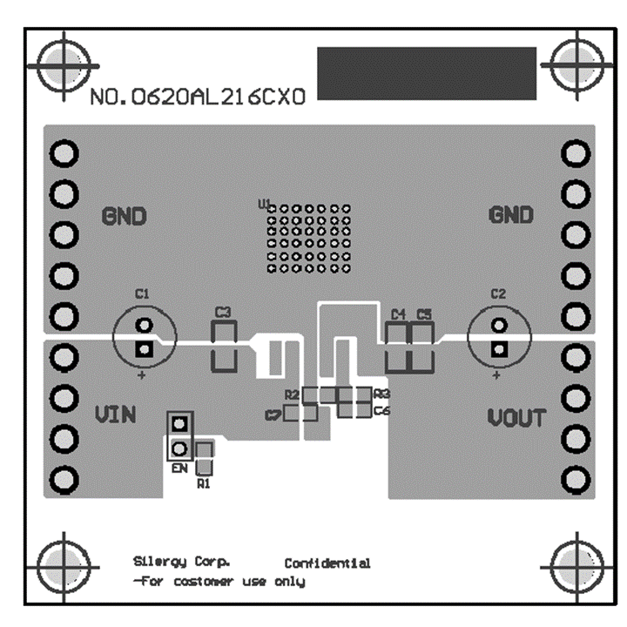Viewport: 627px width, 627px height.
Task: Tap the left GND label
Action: click(x=125, y=215)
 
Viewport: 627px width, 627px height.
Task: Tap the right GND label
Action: click(x=510, y=215)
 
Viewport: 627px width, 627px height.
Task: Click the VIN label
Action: click(x=115, y=415)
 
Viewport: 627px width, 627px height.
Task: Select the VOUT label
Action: click(x=516, y=418)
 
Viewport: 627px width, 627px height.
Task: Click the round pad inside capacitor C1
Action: click(x=144, y=326)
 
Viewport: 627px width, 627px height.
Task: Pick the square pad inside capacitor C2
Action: click(x=498, y=350)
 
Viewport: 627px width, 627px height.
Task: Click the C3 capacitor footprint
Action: click(x=225, y=345)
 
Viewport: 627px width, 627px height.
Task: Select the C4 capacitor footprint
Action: click(x=398, y=345)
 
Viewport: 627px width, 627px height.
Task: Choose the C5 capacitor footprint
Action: click(x=422, y=345)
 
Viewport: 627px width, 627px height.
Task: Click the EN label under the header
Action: click(x=179, y=469)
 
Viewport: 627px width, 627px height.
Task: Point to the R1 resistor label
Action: click(x=204, y=482)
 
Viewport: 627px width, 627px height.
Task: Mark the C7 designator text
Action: click(x=273, y=415)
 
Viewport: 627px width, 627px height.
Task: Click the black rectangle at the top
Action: click(x=427, y=75)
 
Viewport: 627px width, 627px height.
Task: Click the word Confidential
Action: click(x=327, y=563)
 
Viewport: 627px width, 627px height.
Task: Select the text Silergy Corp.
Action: click(x=182, y=562)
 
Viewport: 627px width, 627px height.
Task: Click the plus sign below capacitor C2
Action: click(x=496, y=376)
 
